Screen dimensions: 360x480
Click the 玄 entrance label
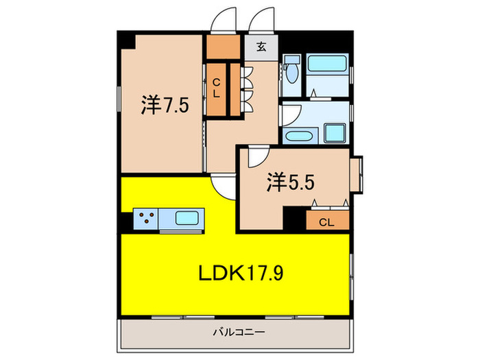tap(262, 47)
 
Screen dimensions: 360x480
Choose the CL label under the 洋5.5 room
tap(326, 221)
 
